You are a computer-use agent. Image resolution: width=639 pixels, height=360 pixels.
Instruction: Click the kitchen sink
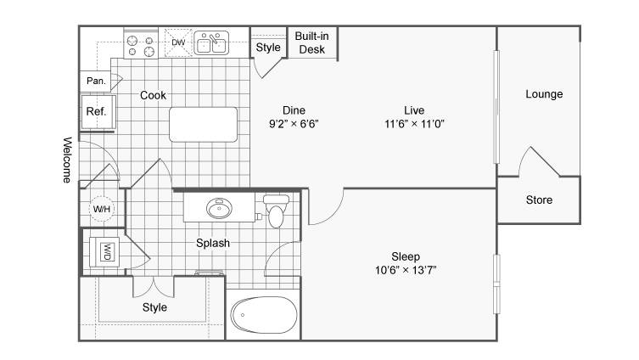(x=211, y=42)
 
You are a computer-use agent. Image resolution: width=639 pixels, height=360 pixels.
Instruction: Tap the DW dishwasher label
(x=178, y=42)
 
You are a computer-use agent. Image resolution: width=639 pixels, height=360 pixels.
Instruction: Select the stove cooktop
(x=141, y=44)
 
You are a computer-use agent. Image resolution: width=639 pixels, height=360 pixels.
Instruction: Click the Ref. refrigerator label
(x=96, y=111)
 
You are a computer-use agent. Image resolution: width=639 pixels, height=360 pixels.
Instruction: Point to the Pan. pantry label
(x=96, y=81)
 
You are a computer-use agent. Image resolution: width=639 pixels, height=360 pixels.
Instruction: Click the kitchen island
(x=204, y=124)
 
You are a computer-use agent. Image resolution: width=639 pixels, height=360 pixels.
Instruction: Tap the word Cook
(x=153, y=95)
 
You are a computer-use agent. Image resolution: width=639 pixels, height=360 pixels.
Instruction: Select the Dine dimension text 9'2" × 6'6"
(x=294, y=123)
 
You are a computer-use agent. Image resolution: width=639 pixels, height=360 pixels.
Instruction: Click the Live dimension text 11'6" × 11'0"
(x=414, y=123)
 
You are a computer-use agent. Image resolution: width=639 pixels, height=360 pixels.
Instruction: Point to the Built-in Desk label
(x=311, y=42)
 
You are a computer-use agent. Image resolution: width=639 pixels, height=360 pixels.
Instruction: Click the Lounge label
(x=544, y=94)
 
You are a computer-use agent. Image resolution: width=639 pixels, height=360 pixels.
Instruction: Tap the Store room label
(x=539, y=200)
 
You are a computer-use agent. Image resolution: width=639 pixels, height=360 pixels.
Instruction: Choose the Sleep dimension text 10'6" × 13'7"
(x=406, y=270)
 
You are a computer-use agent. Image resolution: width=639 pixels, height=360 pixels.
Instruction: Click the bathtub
(x=264, y=315)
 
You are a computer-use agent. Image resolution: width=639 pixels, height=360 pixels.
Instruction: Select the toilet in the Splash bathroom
(x=276, y=211)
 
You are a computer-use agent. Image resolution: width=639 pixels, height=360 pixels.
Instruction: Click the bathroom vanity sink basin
(x=219, y=208)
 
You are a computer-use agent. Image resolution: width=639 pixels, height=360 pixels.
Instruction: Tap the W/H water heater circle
(x=102, y=209)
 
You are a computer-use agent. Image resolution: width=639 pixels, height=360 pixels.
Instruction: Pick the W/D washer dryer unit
(x=104, y=252)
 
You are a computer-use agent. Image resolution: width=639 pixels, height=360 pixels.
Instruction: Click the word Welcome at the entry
(x=67, y=160)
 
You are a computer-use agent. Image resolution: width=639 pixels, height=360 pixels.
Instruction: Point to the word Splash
(x=213, y=244)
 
